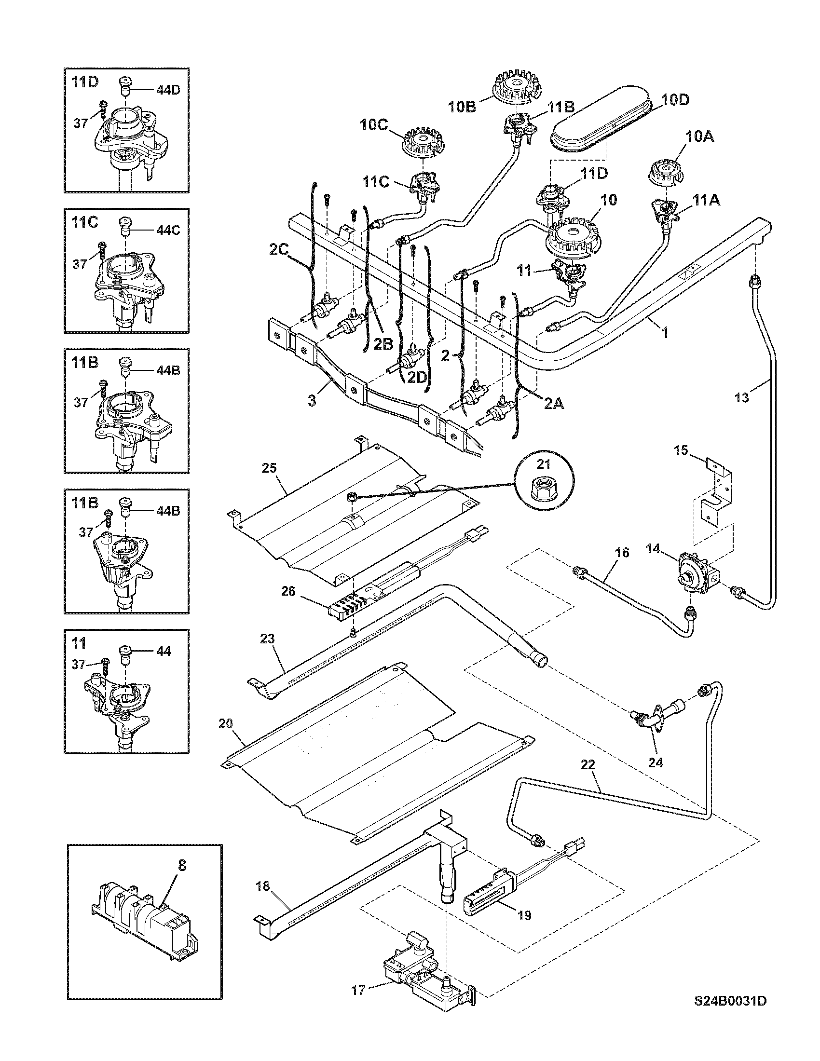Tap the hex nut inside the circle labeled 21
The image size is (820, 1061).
[x=544, y=483]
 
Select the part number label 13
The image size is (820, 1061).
[x=742, y=397]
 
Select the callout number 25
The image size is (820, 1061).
[x=269, y=468]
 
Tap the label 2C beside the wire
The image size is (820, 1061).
[x=279, y=250]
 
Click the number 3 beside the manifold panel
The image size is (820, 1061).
[x=312, y=401]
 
